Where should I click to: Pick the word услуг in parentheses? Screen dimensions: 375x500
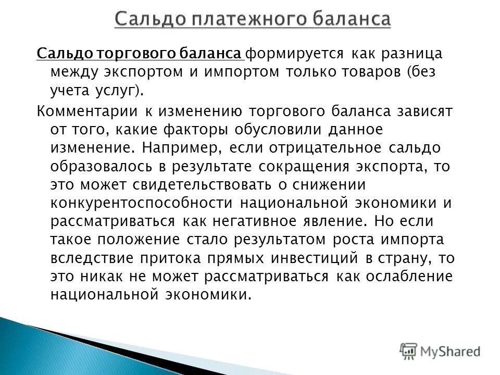click(103, 91)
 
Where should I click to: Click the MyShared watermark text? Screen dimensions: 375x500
click(451, 351)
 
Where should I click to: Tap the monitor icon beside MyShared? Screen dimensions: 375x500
click(409, 351)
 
